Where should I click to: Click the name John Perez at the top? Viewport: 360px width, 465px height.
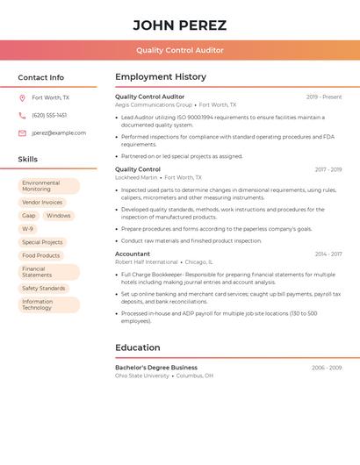tap(180, 25)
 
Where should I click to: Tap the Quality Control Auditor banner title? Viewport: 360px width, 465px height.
tap(180, 51)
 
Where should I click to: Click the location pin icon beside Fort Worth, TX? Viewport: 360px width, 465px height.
tap(22, 97)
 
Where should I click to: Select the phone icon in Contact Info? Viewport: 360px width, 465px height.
tap(22, 115)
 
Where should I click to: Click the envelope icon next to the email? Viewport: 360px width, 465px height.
tap(22, 133)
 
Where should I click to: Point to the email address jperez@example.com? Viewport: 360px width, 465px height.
tap(59, 133)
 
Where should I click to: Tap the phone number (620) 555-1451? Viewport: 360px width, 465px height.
tap(49, 115)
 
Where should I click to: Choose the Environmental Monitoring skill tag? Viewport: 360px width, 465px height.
tap(48, 186)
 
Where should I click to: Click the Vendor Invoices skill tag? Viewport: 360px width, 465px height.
tap(42, 202)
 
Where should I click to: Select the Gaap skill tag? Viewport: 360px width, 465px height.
tap(29, 215)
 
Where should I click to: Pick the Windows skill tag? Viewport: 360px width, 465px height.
tap(59, 215)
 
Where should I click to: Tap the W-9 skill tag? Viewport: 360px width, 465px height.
tap(28, 229)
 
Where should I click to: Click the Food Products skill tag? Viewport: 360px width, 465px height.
tap(41, 255)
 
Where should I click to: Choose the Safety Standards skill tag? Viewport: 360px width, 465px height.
tap(44, 288)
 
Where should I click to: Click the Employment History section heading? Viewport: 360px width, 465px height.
tap(161, 77)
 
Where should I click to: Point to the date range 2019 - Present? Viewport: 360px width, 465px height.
tap(324, 97)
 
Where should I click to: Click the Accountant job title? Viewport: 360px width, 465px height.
tap(133, 254)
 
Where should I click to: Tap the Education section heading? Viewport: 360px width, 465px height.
tap(138, 347)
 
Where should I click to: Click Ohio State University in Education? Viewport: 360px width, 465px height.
tap(142, 376)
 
